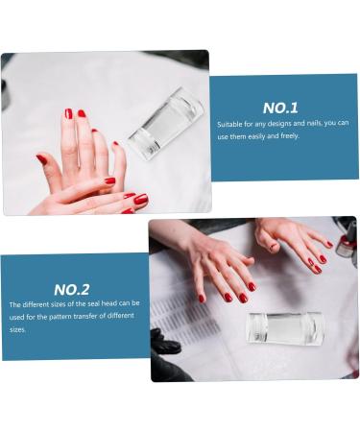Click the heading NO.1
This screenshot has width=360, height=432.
point(280,108)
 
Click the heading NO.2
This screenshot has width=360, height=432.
point(71,289)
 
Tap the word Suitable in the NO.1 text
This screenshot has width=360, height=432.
point(231,124)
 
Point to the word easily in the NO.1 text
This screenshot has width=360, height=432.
point(265,135)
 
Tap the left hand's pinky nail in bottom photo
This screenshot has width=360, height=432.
point(202,299)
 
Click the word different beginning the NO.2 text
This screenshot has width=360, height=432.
point(36,304)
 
